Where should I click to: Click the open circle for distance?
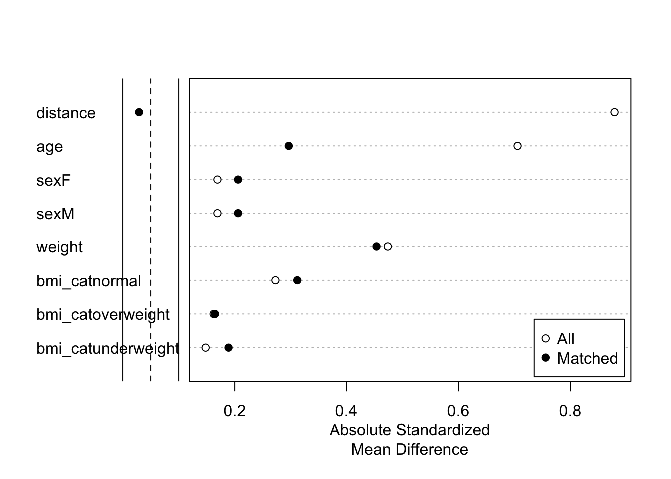[x=614, y=112]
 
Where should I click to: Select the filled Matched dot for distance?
[x=139, y=112]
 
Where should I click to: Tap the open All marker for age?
[x=517, y=146]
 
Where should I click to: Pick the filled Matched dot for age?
[x=288, y=146]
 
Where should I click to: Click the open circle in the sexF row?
[x=217, y=180]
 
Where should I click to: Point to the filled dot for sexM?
[x=238, y=213]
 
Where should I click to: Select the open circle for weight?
[x=388, y=246]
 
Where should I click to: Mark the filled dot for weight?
[x=376, y=246]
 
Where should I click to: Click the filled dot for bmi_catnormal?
[x=297, y=280]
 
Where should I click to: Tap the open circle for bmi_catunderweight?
[x=205, y=348]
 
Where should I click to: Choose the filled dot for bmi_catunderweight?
[x=228, y=348]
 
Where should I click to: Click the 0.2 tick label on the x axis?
[x=234, y=411]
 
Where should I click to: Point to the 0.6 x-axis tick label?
[x=458, y=411]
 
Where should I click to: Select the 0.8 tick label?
[x=570, y=411]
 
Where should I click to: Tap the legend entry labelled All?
[x=565, y=339]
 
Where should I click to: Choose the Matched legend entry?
[x=587, y=358]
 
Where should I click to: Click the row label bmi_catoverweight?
[x=103, y=315]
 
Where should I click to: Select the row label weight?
[x=59, y=247]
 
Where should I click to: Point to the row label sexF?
[x=53, y=180]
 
